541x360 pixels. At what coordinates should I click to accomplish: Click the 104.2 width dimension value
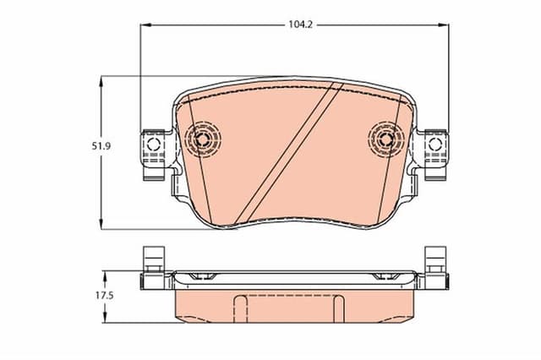[x=302, y=25]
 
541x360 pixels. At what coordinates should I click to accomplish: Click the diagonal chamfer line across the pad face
[x=287, y=156]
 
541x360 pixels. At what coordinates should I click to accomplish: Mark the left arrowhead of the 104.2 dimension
[x=145, y=25]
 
